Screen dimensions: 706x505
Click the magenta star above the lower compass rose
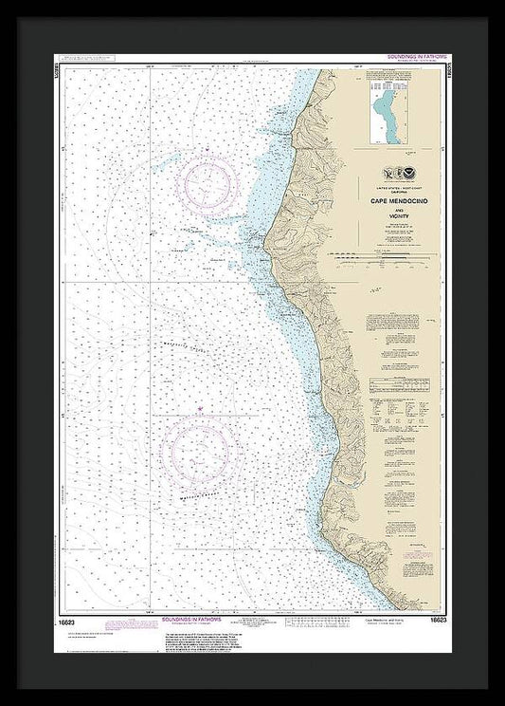click(200, 409)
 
